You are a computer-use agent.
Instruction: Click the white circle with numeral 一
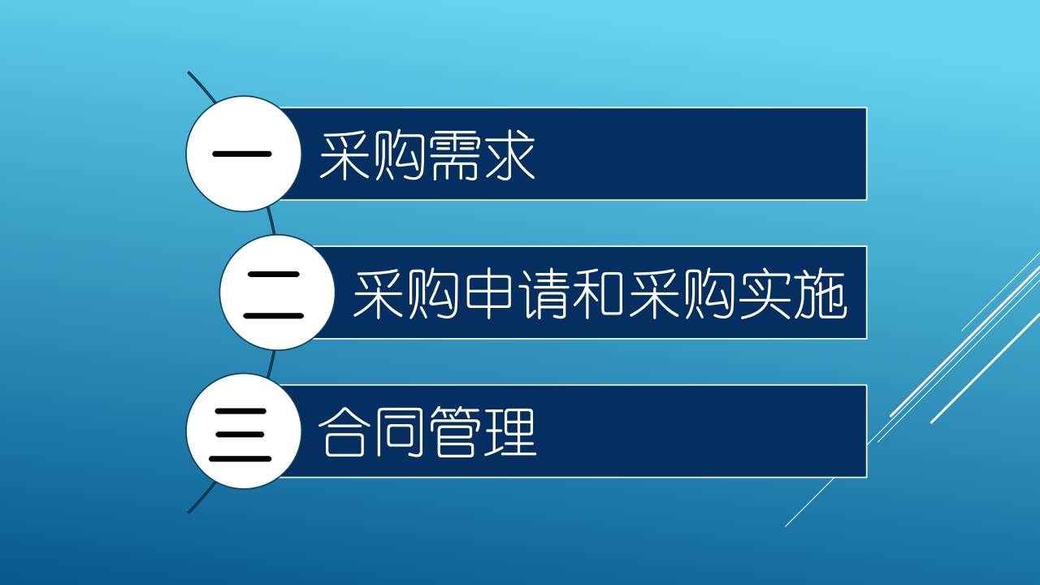[x=244, y=154]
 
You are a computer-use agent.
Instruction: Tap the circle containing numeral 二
[x=277, y=292]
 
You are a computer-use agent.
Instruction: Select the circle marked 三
[x=244, y=431]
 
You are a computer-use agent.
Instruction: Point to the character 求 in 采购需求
[x=509, y=155]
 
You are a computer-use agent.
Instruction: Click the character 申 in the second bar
[x=488, y=294]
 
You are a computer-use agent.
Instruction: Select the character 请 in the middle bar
[x=544, y=294]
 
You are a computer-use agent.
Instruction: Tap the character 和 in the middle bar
[x=598, y=294]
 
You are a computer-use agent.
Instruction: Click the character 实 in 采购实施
[x=765, y=294]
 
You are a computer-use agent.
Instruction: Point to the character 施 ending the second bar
[x=820, y=294]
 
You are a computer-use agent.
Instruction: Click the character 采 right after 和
[x=655, y=294]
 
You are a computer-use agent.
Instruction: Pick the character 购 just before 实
[x=709, y=294]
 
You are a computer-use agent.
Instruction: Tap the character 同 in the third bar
[x=399, y=433]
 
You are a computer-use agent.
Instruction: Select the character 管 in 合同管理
[x=454, y=433]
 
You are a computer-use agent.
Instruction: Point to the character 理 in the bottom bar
[x=511, y=433]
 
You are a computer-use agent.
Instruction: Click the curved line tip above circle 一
[x=188, y=72]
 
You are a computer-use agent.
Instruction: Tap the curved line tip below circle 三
[x=188, y=512]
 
